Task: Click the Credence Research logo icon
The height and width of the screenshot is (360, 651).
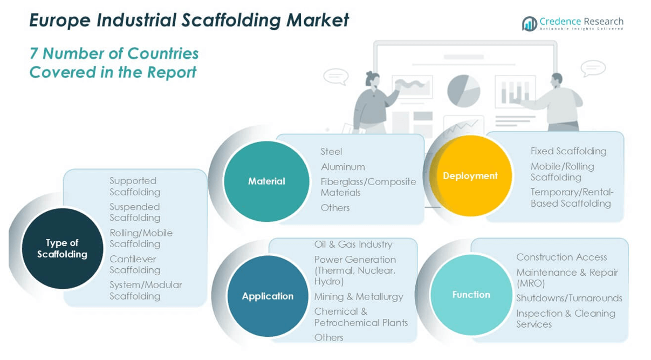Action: (529, 24)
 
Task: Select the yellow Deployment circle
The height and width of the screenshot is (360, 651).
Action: (470, 176)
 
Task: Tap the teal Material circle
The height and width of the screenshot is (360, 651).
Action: (266, 181)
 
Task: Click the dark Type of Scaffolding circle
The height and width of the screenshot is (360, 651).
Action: (62, 249)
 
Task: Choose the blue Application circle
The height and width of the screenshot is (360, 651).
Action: (268, 296)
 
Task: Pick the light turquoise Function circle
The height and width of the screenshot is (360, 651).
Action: (471, 295)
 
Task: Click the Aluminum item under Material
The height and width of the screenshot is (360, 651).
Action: (342, 167)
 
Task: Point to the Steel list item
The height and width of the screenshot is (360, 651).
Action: (331, 152)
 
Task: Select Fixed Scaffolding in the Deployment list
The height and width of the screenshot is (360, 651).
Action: (568, 151)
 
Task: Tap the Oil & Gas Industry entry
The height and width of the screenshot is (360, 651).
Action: (353, 244)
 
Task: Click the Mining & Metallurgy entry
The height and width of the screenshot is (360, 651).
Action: (358, 296)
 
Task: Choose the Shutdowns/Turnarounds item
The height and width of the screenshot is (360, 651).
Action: (569, 298)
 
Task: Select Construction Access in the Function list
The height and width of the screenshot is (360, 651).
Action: (561, 257)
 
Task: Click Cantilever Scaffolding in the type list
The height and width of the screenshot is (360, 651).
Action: (134, 264)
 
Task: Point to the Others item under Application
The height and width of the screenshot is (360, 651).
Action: (328, 337)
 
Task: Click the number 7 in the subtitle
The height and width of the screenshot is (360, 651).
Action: (34, 53)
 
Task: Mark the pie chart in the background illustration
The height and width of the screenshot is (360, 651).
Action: (463, 90)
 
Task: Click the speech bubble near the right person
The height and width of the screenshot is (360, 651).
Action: (593, 69)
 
